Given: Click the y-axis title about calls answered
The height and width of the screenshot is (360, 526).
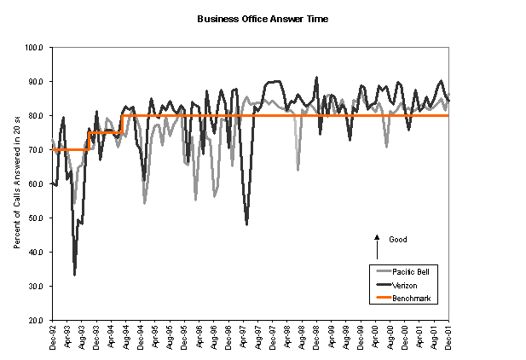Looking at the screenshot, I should pos(17,183).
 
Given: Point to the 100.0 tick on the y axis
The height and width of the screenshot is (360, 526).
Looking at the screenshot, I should pos(35,48).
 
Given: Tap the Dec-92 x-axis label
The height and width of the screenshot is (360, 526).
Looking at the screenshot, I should pos(53,339).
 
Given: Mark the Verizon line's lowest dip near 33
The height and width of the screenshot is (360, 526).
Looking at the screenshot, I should pos(75,275).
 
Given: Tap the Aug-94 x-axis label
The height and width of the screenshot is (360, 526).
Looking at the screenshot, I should pos(126,339).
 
